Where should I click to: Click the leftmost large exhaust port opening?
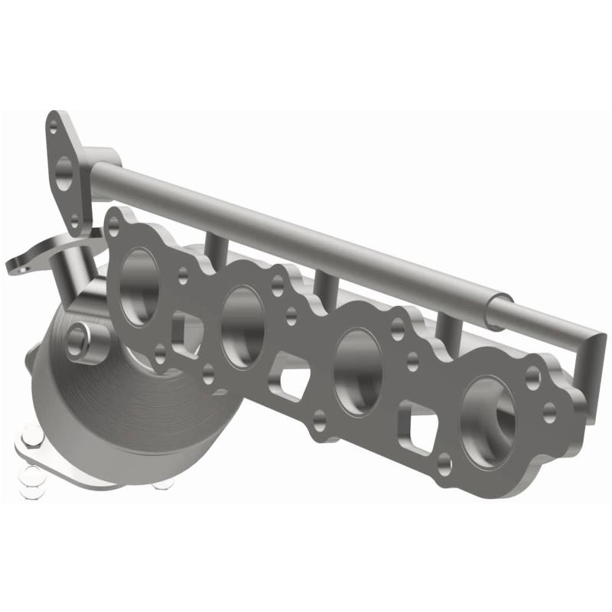click(x=140, y=280)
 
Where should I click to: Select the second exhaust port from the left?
click(x=243, y=318)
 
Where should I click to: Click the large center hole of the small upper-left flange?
click(x=65, y=173)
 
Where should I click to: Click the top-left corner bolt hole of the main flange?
click(x=115, y=223)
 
